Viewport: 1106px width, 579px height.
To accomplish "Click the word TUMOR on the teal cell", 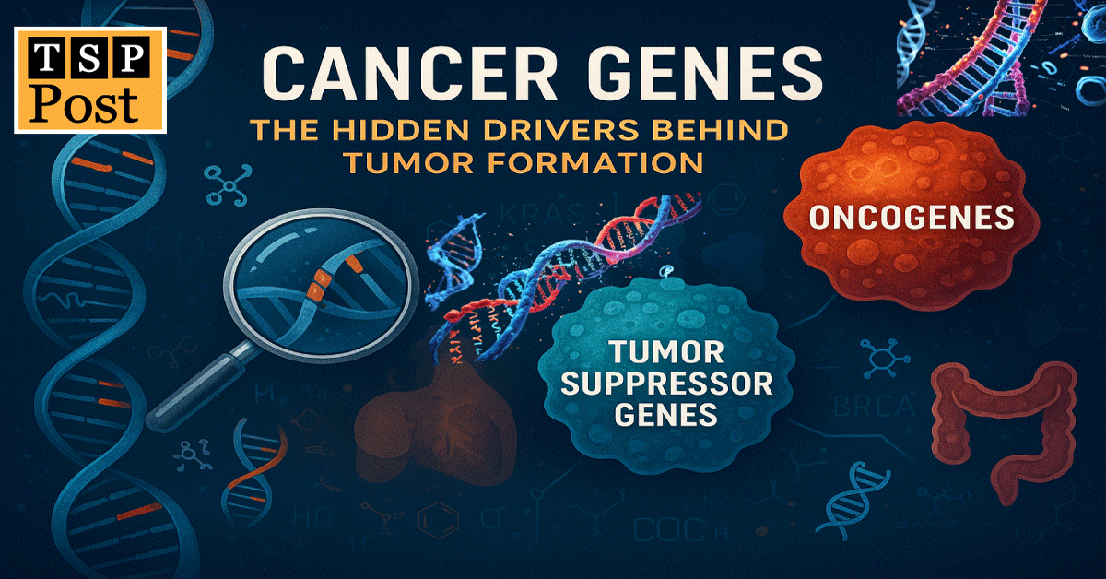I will pyautogui.click(x=655, y=351).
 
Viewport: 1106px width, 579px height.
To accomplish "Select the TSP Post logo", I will pyautogui.click(x=89, y=79).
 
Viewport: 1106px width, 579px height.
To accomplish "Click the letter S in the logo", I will pyautogui.click(x=89, y=62).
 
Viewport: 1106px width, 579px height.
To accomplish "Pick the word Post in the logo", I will pyautogui.click(x=89, y=103).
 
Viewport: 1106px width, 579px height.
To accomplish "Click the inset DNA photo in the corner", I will pyautogui.click(x=1000, y=58).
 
